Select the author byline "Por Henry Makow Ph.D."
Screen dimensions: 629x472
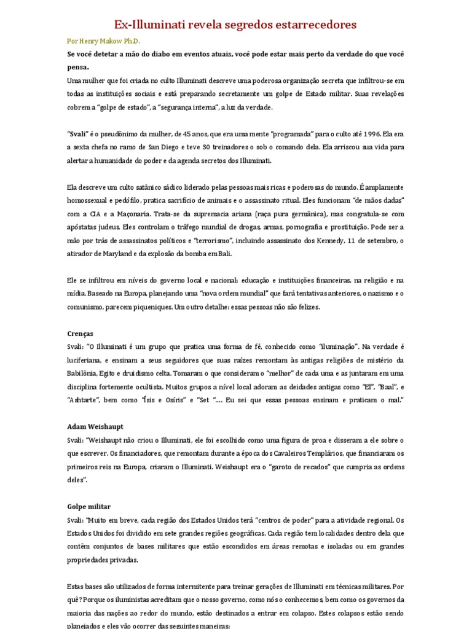(x=103, y=41)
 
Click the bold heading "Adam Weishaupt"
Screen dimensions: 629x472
(x=94, y=426)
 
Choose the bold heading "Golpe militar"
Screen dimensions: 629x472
(x=89, y=506)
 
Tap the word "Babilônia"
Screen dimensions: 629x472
(x=84, y=373)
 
